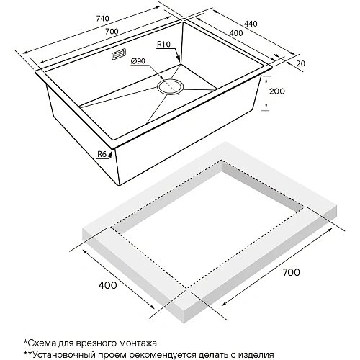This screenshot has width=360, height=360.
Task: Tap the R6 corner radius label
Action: [101, 153]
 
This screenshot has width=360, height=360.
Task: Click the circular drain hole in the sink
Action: [171, 88]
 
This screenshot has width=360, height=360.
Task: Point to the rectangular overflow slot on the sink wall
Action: [120, 55]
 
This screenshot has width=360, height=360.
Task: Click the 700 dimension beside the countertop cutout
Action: [289, 272]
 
